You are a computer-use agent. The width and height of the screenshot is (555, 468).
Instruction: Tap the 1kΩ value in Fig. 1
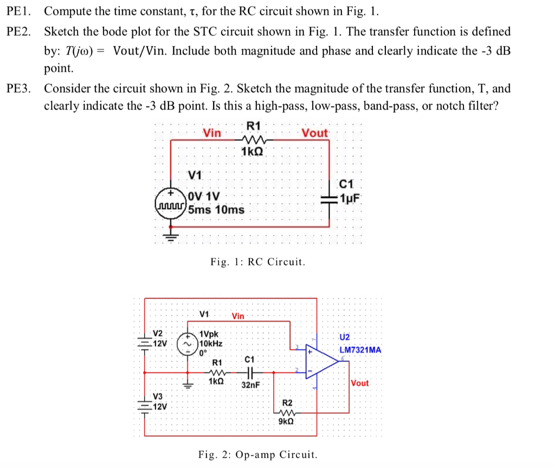pos(253,151)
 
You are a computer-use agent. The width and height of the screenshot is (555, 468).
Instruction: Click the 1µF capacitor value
pos(350,198)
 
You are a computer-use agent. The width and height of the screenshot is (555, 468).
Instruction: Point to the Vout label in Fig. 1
pos(315,133)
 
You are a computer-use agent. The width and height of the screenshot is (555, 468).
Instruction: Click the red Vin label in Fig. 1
pos(211,133)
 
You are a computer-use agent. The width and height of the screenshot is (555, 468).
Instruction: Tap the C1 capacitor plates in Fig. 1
pos(329,199)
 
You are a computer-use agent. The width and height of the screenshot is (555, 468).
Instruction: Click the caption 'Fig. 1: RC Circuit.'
pos(258,262)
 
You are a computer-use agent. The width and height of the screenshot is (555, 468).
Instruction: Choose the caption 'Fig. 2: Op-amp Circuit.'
pos(258,454)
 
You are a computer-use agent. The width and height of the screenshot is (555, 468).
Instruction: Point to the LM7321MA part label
pos(360,350)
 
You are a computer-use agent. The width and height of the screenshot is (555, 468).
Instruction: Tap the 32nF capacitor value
pos(250,384)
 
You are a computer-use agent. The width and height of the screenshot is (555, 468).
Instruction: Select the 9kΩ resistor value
pos(286,421)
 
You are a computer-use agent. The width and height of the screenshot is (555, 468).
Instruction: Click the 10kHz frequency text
pos(211,343)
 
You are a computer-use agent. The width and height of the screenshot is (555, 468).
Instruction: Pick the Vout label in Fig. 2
pos(360,383)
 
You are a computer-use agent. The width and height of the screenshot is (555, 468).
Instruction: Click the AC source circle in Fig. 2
pos(189,344)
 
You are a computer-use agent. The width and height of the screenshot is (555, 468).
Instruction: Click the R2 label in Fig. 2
pos(287,403)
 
